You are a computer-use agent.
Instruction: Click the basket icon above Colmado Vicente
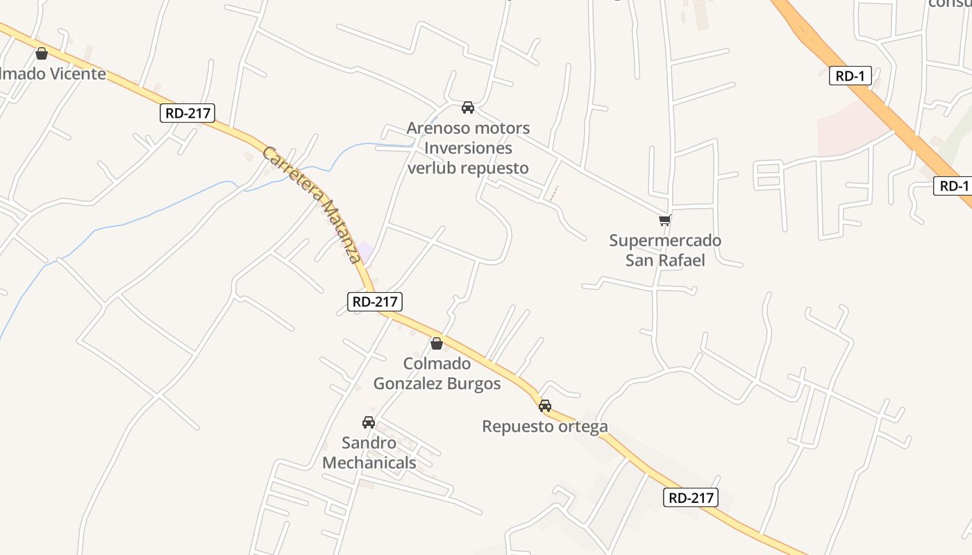tap(42, 53)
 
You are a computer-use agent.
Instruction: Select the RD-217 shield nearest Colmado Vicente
tap(187, 113)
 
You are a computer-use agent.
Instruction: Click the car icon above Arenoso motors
tap(468, 108)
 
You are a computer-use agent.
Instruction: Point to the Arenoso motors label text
tap(468, 128)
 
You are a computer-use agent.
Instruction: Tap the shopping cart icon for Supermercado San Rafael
tap(664, 221)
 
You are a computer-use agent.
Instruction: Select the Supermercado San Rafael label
tap(665, 250)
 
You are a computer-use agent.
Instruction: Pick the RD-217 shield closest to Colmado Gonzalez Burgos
tap(374, 301)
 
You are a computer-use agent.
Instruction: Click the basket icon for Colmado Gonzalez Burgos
tap(437, 343)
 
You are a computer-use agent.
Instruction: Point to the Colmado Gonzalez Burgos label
tap(437, 374)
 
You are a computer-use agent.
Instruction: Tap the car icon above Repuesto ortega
tap(545, 406)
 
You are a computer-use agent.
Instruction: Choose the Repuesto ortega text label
tap(545, 427)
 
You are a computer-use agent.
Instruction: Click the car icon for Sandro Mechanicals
tap(369, 422)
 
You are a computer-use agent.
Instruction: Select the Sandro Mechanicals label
tap(369, 453)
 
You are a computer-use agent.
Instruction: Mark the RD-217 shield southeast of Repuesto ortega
tap(690, 497)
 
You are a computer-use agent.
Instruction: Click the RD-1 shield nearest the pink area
tap(850, 76)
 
